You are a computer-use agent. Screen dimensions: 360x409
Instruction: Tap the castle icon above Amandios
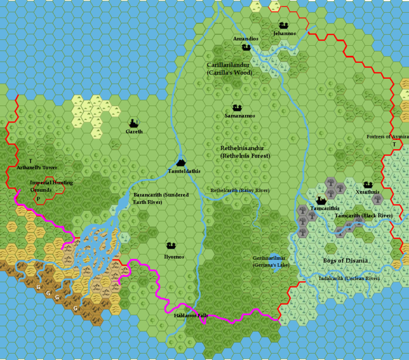(246, 47)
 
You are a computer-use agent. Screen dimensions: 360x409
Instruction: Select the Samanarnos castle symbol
(237, 108)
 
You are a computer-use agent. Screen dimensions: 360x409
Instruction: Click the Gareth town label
(134, 132)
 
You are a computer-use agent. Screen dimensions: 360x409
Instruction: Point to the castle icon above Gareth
(134, 122)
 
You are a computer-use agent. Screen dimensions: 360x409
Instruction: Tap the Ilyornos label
(171, 257)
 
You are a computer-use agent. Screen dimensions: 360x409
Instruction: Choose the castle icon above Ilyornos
(171, 246)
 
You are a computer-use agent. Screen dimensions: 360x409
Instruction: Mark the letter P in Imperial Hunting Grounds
(38, 199)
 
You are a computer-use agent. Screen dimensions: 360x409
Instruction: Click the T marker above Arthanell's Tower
(30, 161)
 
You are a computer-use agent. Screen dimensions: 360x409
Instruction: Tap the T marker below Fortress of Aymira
(395, 144)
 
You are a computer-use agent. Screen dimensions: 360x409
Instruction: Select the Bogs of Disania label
(345, 260)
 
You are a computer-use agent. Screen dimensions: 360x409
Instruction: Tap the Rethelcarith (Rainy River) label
(240, 190)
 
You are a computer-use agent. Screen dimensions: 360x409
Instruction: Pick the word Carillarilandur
(228, 65)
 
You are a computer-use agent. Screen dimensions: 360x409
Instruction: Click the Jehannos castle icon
(283, 25)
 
